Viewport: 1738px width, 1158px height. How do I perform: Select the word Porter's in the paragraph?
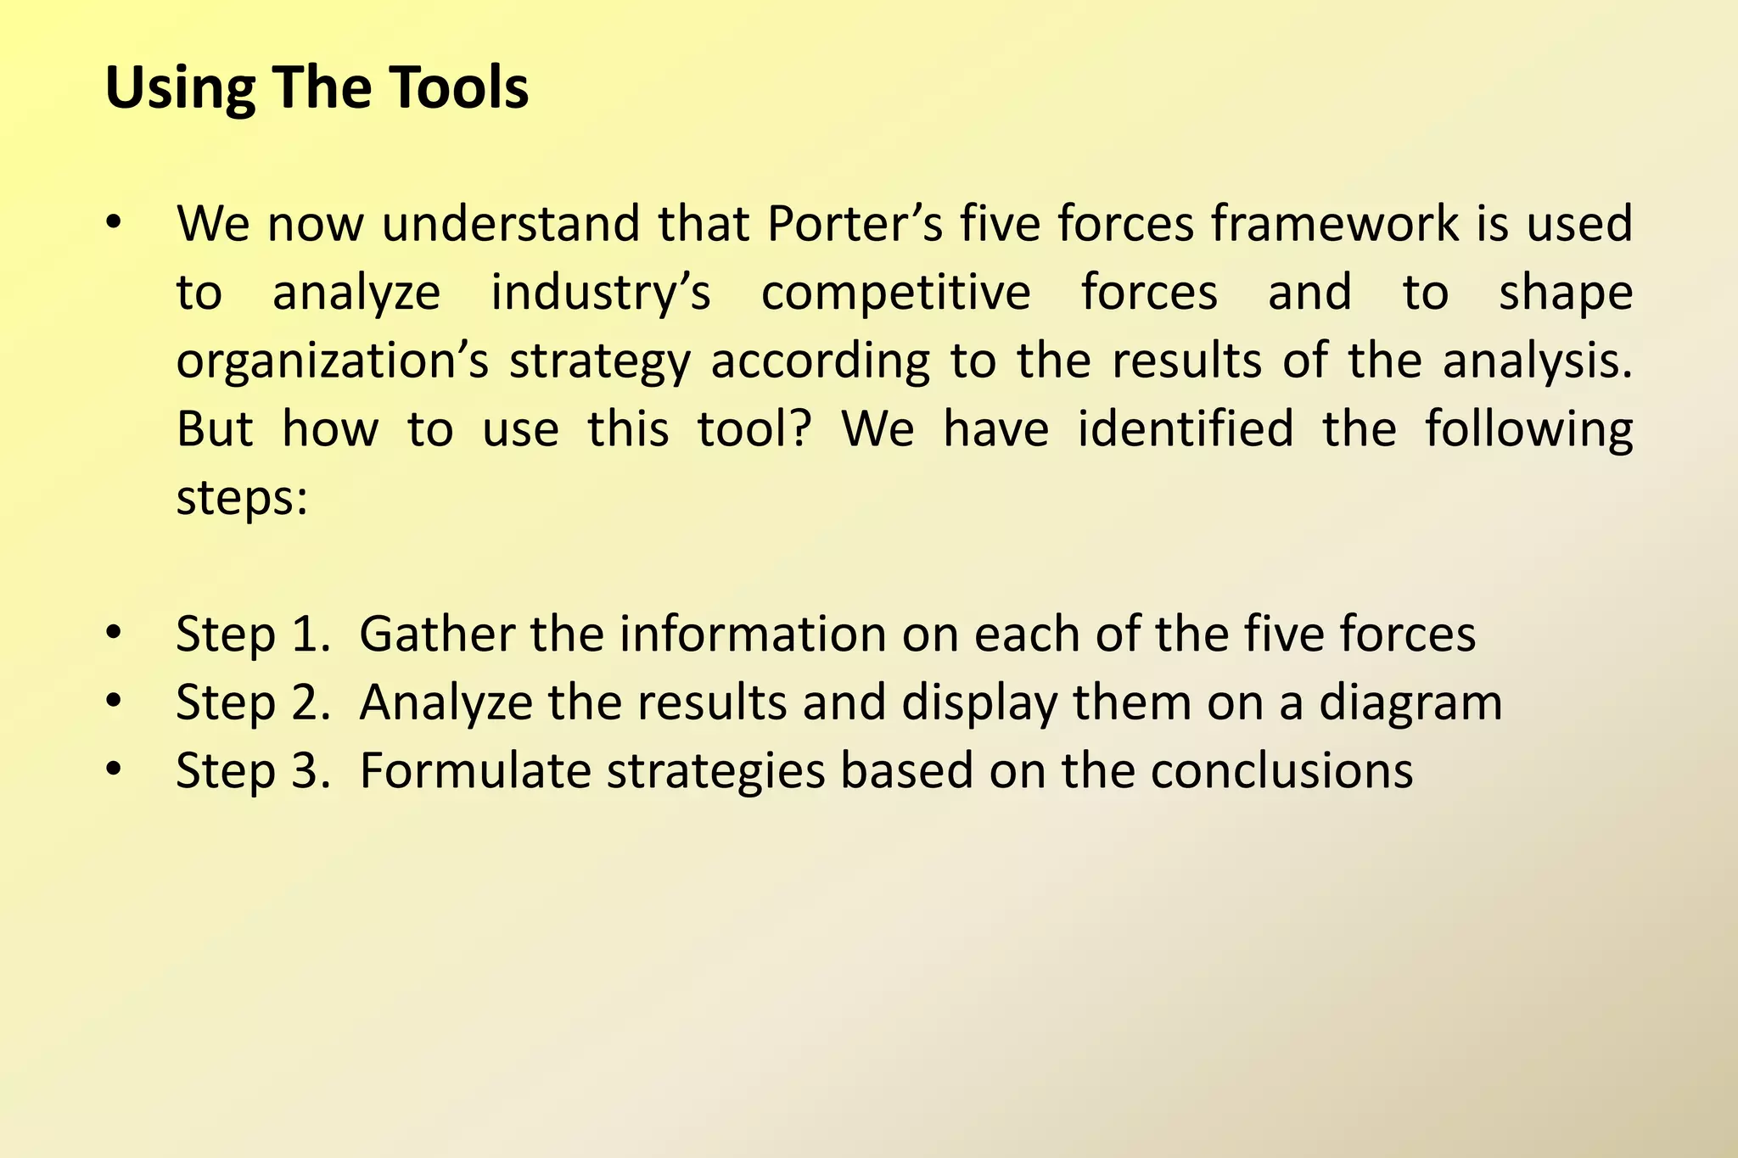coord(855,224)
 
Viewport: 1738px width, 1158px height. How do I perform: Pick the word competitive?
coord(895,294)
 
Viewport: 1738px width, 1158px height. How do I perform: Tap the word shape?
coord(1566,294)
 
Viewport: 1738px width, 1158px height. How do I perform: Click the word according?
coord(820,361)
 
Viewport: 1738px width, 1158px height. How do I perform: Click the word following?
coord(1528,430)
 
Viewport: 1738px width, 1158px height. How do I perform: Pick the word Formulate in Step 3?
coord(475,771)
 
